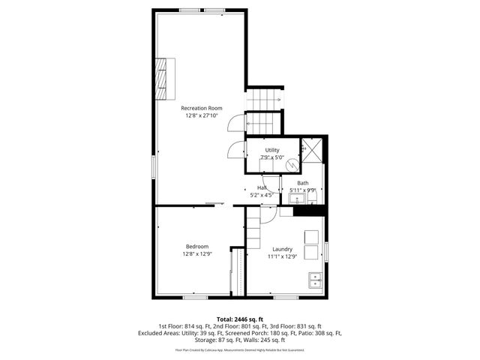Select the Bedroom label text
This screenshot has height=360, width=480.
tap(197, 247)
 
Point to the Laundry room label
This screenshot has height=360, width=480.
tap(282, 249)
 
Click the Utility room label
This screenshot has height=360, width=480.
tap(271, 151)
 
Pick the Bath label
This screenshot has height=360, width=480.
tap(302, 183)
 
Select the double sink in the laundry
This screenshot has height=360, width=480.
tap(315, 281)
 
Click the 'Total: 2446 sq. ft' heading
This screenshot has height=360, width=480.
tap(240, 319)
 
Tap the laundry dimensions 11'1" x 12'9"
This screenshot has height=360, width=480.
tap(282, 256)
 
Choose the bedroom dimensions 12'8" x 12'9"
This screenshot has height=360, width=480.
tap(197, 254)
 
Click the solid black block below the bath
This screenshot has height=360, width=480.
tap(307, 211)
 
